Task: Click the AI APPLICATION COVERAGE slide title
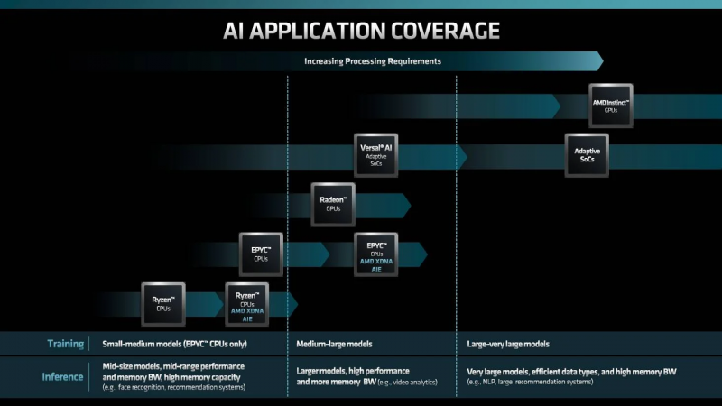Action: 361,31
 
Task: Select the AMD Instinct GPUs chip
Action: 610,106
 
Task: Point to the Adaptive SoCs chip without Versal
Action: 587,155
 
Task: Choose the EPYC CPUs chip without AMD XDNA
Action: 261,254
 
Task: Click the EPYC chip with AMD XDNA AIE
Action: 376,254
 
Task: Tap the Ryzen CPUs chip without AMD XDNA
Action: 163,304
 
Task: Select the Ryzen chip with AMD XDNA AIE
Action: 247,304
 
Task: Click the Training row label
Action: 66,344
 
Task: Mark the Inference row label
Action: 63,376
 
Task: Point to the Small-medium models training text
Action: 175,344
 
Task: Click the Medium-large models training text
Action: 334,344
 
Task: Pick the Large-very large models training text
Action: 508,344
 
